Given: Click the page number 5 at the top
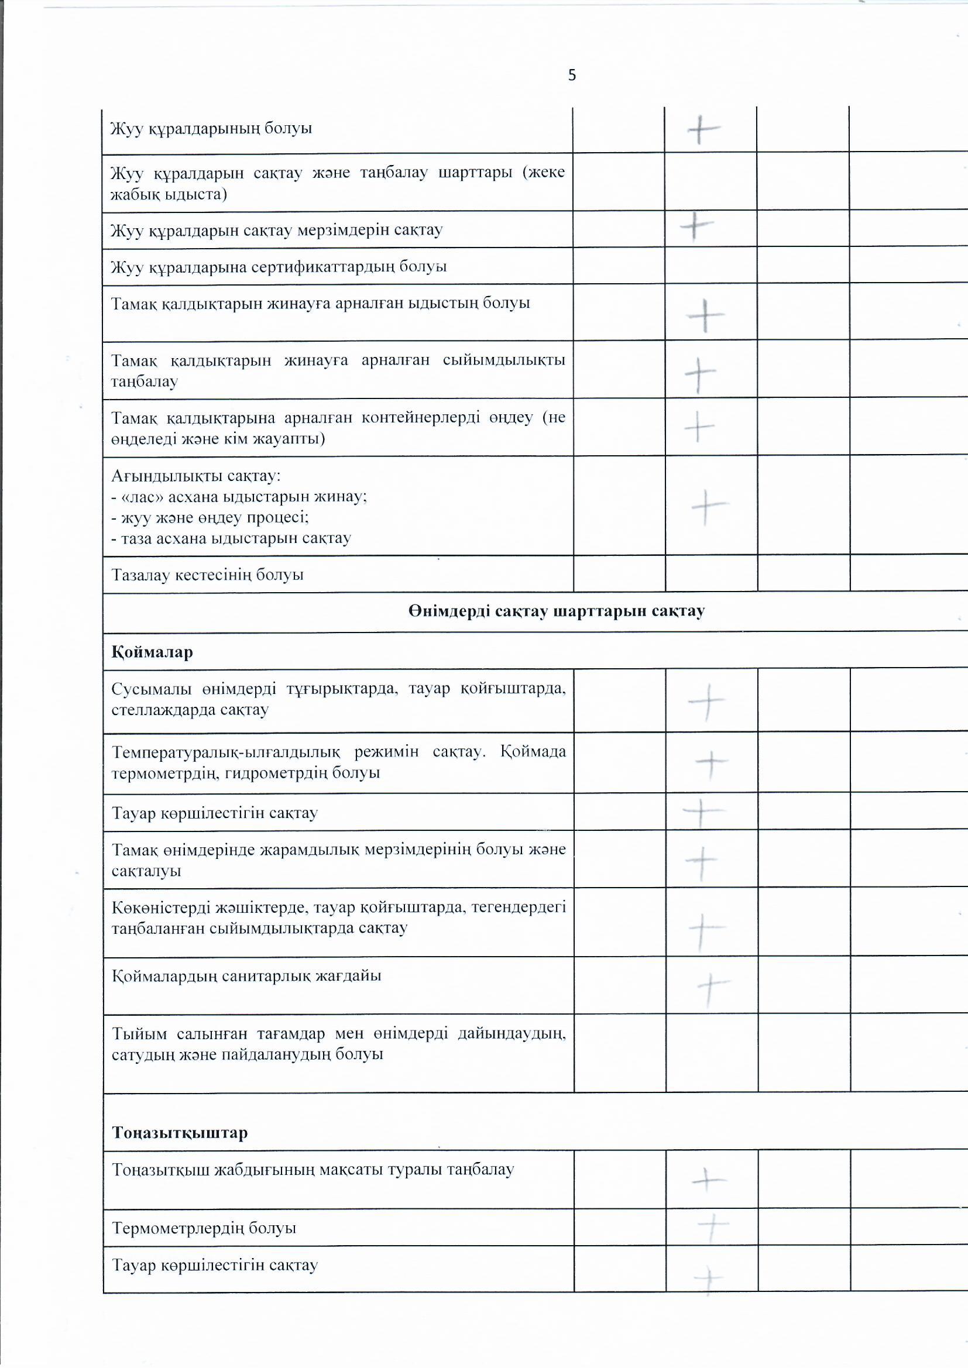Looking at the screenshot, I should coord(572,75).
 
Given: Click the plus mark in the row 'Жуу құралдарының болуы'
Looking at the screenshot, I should coord(703,129).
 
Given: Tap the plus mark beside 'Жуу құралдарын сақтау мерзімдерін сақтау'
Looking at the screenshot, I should coord(696,226).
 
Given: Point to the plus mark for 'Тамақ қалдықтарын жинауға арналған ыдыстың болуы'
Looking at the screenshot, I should coord(706,315).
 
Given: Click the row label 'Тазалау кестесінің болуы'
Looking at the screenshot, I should coord(207,575).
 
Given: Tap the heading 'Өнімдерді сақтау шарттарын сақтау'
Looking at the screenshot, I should coord(556,611).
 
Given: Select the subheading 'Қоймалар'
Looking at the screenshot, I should coord(152,652).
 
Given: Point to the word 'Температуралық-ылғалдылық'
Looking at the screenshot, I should coord(226,751).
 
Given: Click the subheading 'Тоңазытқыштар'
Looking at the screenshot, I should coord(180,1133).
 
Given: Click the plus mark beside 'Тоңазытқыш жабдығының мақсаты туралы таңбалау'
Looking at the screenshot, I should coord(708,1179).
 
